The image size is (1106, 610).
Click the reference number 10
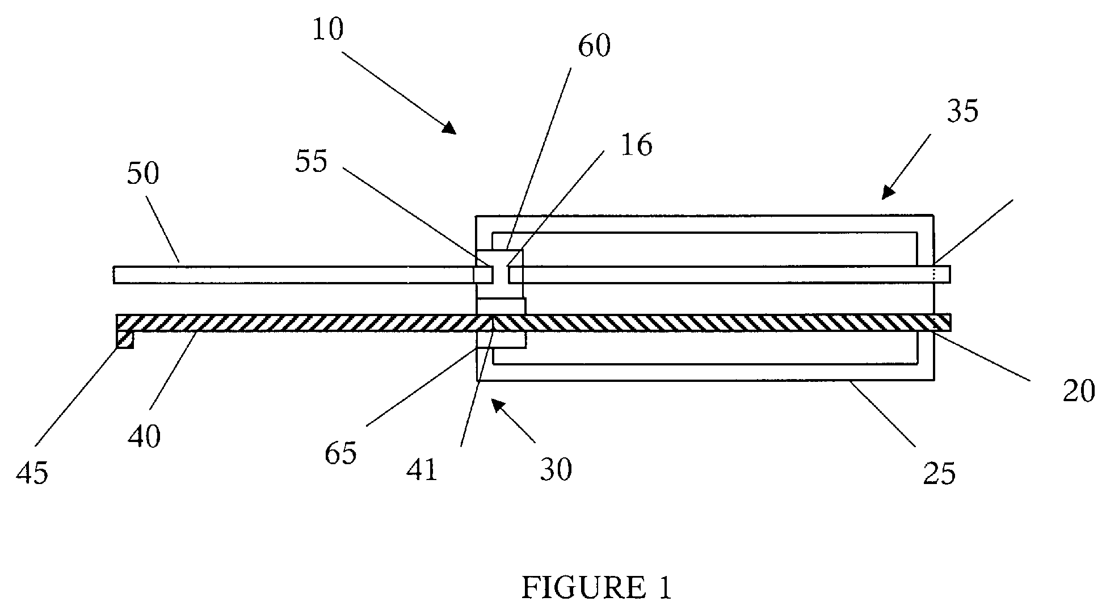(328, 30)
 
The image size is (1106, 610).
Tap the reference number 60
(594, 46)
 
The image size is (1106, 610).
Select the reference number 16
(637, 145)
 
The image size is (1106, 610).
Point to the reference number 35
(962, 111)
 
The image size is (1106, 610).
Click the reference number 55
(311, 162)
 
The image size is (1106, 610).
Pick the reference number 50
(142, 173)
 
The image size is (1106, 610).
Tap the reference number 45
(32, 472)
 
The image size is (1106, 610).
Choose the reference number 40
(145, 436)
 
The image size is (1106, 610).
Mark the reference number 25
(939, 472)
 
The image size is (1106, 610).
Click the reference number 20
(1079, 392)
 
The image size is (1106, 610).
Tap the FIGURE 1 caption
(596, 588)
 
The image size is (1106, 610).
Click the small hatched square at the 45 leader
(125, 339)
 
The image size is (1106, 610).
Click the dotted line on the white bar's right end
(933, 275)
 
